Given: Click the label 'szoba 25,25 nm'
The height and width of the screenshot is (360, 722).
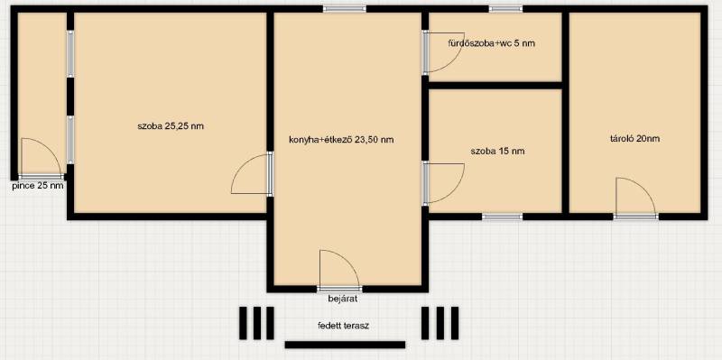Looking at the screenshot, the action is [171, 125].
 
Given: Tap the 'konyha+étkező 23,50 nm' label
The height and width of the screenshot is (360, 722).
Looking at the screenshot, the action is [341, 140].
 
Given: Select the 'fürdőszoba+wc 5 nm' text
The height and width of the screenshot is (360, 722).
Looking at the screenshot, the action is [491, 43].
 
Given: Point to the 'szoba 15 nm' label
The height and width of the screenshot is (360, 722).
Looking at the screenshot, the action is [498, 151].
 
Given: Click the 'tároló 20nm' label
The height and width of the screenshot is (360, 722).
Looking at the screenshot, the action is [634, 138].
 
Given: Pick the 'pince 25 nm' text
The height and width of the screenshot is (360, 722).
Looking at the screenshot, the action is [38, 186].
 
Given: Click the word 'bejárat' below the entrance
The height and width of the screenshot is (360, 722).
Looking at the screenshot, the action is [343, 299].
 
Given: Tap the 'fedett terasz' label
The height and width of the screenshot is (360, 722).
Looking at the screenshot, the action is [343, 326].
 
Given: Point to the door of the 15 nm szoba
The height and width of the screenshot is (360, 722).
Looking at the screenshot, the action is [443, 183].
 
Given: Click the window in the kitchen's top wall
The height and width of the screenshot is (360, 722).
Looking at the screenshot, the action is [345, 9].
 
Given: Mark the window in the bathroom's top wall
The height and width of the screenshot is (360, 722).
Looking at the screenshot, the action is [505, 9].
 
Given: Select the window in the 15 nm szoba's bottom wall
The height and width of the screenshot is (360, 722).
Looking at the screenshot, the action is [503, 217].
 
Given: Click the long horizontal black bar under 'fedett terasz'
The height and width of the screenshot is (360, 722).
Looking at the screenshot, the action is [345, 345].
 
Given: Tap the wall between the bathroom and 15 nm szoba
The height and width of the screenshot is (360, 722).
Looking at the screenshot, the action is [495, 85].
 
